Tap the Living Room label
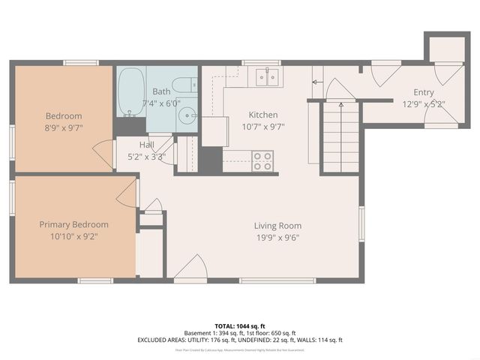click(277, 226)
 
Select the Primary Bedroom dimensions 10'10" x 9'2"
click(73, 237)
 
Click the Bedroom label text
click(64, 116)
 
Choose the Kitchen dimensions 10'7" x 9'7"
click(263, 127)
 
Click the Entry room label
click(418, 92)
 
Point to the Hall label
click(147, 145)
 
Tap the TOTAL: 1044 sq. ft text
click(240, 326)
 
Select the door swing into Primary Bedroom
click(127, 193)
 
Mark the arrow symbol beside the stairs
click(316, 78)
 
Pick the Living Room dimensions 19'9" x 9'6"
click(277, 238)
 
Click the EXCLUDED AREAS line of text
click(240, 340)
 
